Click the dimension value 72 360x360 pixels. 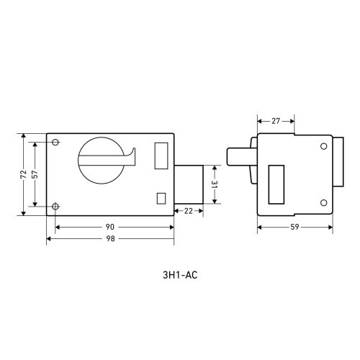pos(24,174)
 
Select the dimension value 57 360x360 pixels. pos(35,174)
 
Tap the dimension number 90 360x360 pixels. pos(110,227)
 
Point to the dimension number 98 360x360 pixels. pos(110,238)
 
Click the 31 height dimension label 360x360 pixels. pos(214,184)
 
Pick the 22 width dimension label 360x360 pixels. pos(189,211)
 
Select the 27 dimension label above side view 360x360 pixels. pos(276,121)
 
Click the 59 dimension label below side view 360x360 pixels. pos(294,227)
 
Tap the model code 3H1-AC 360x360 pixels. pos(180,275)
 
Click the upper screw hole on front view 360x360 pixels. pos(55,142)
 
